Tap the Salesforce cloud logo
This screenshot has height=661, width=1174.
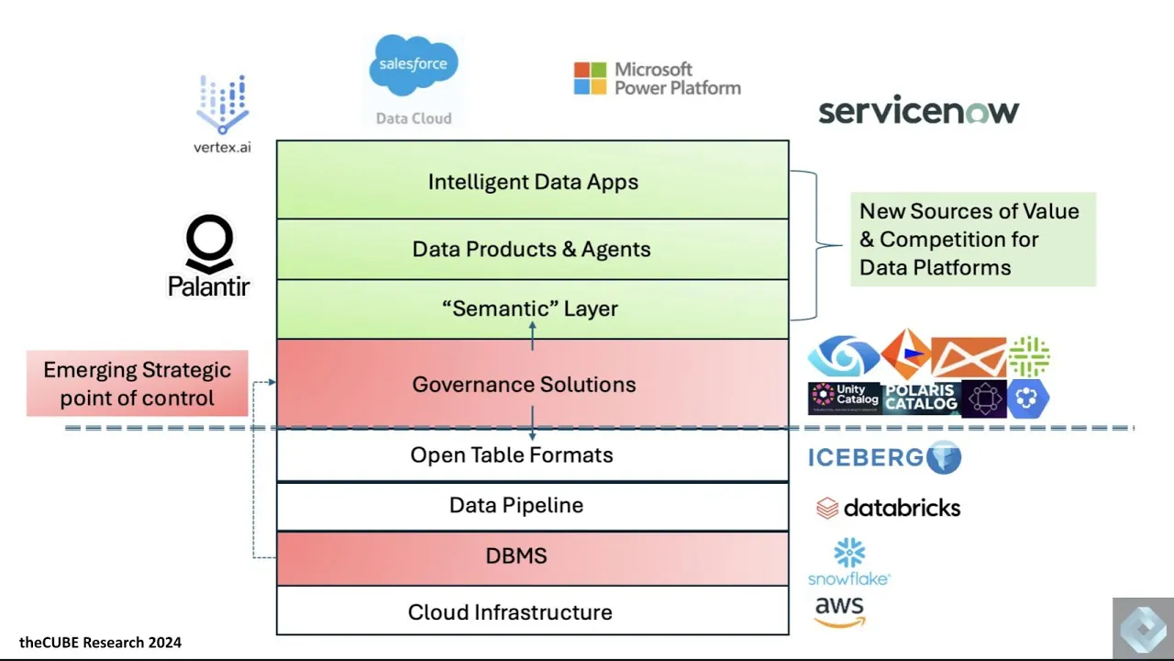coord(414,65)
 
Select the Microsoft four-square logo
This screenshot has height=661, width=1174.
coord(590,78)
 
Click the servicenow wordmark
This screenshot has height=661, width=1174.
coord(919,109)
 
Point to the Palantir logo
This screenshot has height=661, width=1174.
coord(208,255)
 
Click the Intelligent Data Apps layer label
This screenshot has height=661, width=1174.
coord(533,182)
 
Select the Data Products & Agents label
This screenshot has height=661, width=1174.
coord(531,249)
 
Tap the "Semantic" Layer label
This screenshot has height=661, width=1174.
coord(530,308)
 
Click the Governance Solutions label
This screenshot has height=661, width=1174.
coord(524,385)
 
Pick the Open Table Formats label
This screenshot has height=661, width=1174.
coord(512,454)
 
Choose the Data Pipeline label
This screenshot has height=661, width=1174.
coord(516,505)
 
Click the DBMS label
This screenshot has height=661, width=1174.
coord(516,556)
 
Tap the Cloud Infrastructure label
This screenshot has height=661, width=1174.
coord(510,612)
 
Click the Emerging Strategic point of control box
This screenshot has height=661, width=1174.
coord(138,384)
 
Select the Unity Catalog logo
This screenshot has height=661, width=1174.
coord(845,398)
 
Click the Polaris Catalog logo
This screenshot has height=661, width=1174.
coord(922,398)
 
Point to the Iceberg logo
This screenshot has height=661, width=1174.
coord(885,457)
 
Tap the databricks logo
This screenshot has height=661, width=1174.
coord(889,508)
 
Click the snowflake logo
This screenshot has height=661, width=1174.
coord(849,561)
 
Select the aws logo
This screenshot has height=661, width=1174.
coord(839,611)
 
